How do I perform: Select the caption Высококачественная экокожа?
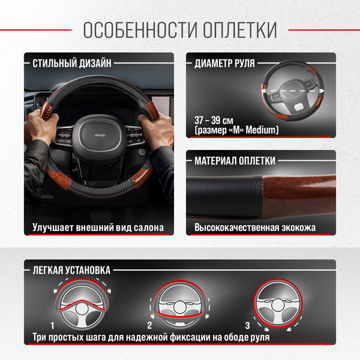[255, 228]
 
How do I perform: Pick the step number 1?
[53, 325]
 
